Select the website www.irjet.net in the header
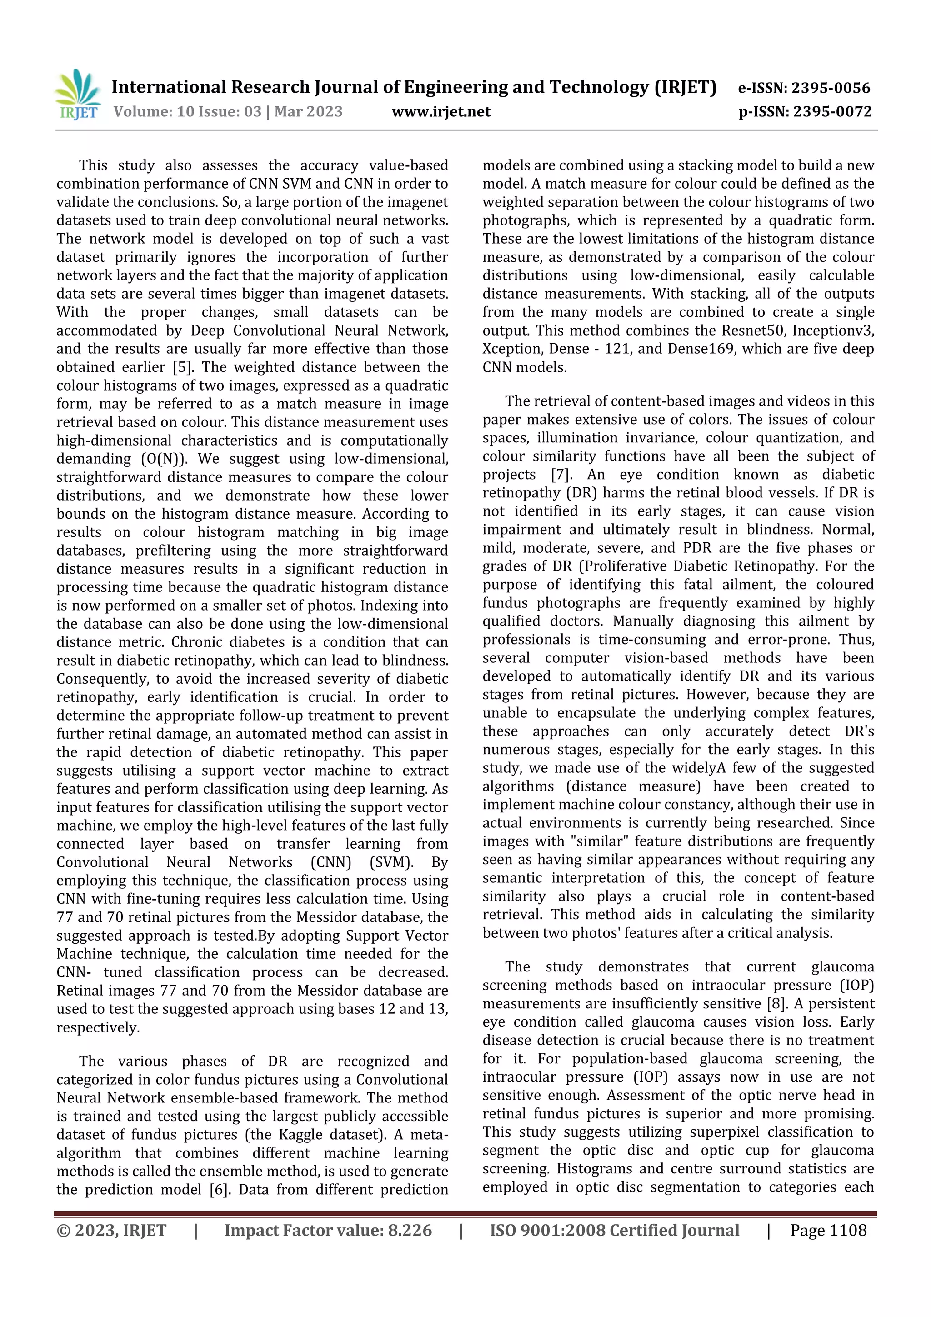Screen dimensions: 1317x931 click(x=440, y=111)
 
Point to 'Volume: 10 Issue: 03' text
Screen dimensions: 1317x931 click(x=187, y=111)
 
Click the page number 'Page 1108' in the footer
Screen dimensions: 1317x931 click(x=828, y=1230)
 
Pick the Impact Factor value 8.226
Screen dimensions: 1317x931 click(x=410, y=1230)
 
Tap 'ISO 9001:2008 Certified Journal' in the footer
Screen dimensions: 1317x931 click(x=614, y=1230)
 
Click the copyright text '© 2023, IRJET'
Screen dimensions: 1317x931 click(x=111, y=1230)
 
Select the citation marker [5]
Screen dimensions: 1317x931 click(x=182, y=367)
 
